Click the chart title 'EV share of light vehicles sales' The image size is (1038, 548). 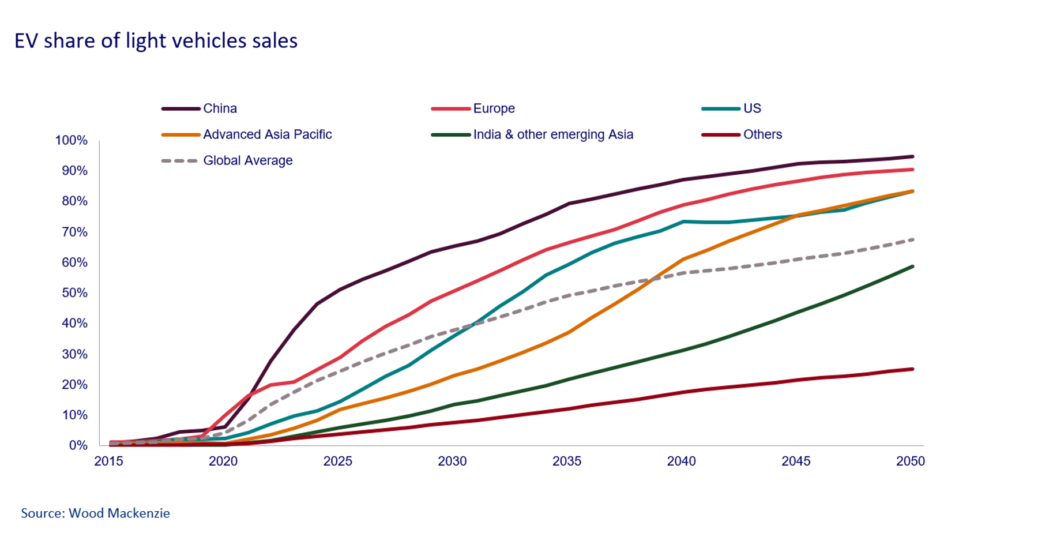click(156, 41)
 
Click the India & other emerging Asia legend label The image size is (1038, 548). click(553, 134)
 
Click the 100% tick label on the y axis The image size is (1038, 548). click(72, 140)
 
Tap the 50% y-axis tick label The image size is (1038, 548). click(74, 293)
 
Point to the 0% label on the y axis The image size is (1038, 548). click(78, 445)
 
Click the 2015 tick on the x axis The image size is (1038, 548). click(108, 461)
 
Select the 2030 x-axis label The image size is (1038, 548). click(452, 461)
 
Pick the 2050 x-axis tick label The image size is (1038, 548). click(910, 461)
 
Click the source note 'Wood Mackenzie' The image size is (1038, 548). click(119, 513)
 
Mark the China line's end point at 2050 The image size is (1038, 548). click(912, 156)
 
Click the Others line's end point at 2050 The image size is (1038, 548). click(912, 369)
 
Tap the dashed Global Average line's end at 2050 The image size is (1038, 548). click(912, 239)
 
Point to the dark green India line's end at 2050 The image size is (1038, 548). click(912, 267)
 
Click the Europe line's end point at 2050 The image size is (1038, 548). click(912, 170)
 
